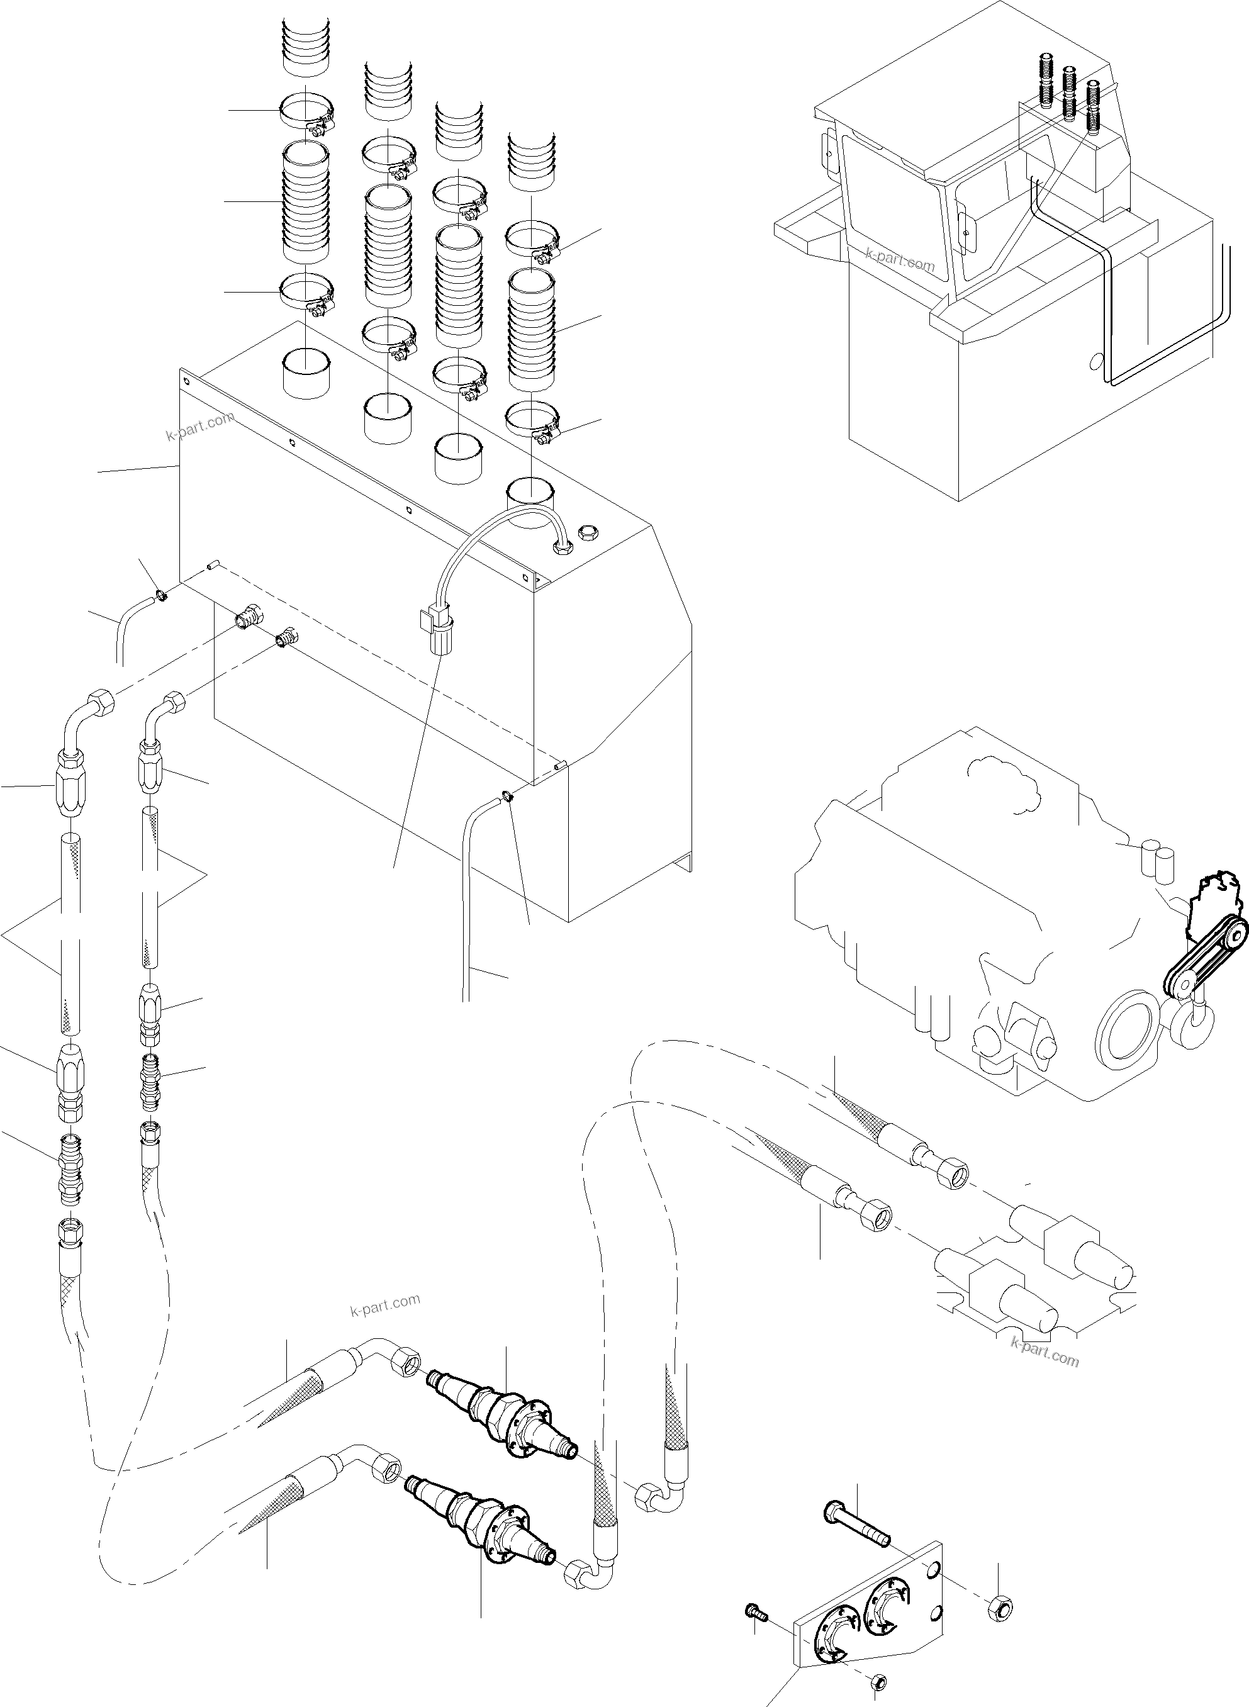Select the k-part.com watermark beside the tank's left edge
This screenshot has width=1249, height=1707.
[199, 428]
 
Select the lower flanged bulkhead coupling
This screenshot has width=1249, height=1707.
[487, 1532]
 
